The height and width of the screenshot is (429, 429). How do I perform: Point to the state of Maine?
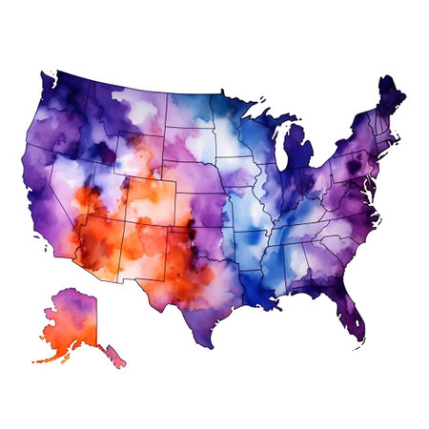coord(391,100)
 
